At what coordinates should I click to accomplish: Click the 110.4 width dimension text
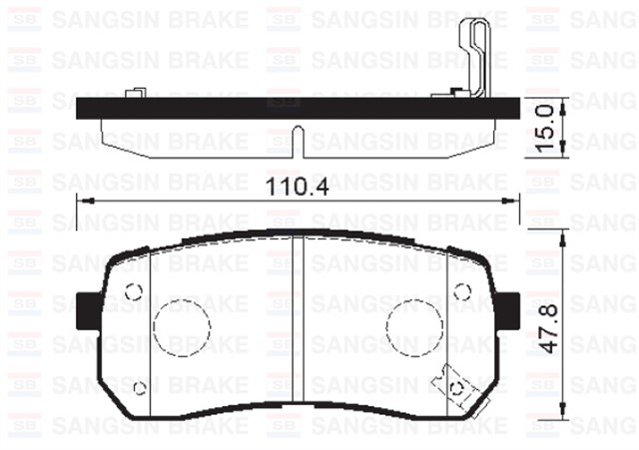click(299, 187)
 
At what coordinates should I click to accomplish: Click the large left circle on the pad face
click(182, 325)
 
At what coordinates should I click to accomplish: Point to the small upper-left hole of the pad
click(133, 290)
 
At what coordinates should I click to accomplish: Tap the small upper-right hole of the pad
click(460, 290)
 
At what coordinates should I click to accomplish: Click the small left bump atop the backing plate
click(133, 94)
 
